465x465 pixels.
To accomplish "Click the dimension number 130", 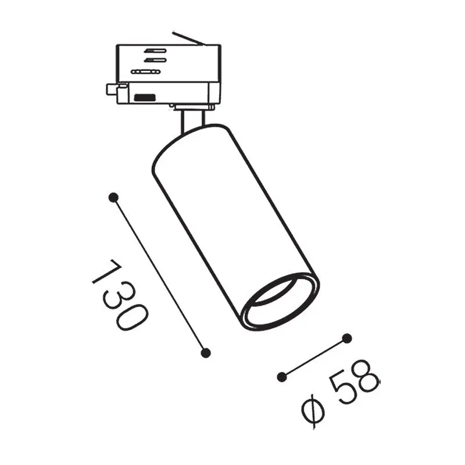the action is (x=120, y=295).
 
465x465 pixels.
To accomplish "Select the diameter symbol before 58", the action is (x=313, y=410).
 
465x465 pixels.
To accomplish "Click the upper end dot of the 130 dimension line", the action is (x=113, y=198).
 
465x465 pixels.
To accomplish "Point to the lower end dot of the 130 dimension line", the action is (x=206, y=353).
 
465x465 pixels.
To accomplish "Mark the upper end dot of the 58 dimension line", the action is (x=346, y=338).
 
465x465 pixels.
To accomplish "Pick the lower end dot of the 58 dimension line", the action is (x=282, y=377).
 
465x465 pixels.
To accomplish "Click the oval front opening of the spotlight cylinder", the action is (x=280, y=301).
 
